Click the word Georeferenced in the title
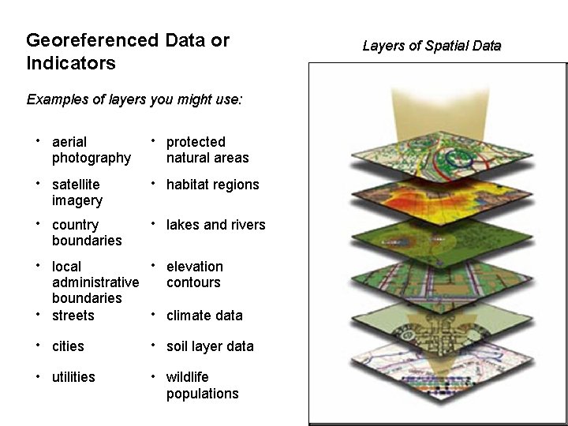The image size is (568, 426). [x=92, y=40]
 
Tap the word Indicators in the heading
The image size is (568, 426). [x=71, y=63]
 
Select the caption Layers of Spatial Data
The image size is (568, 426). [x=432, y=46]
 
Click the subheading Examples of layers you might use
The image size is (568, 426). [x=134, y=99]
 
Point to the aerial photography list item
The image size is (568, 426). [x=91, y=150]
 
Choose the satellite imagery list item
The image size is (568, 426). [x=77, y=192]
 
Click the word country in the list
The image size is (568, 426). [x=75, y=225]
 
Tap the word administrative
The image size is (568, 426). [x=95, y=282]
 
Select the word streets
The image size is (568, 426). [x=73, y=316]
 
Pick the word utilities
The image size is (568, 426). [x=73, y=377]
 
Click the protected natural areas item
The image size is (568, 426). [x=207, y=150]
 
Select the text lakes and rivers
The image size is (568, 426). [x=215, y=225]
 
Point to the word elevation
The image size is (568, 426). [x=194, y=267]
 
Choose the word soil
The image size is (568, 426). [x=177, y=346]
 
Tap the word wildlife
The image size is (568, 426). [x=187, y=377]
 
